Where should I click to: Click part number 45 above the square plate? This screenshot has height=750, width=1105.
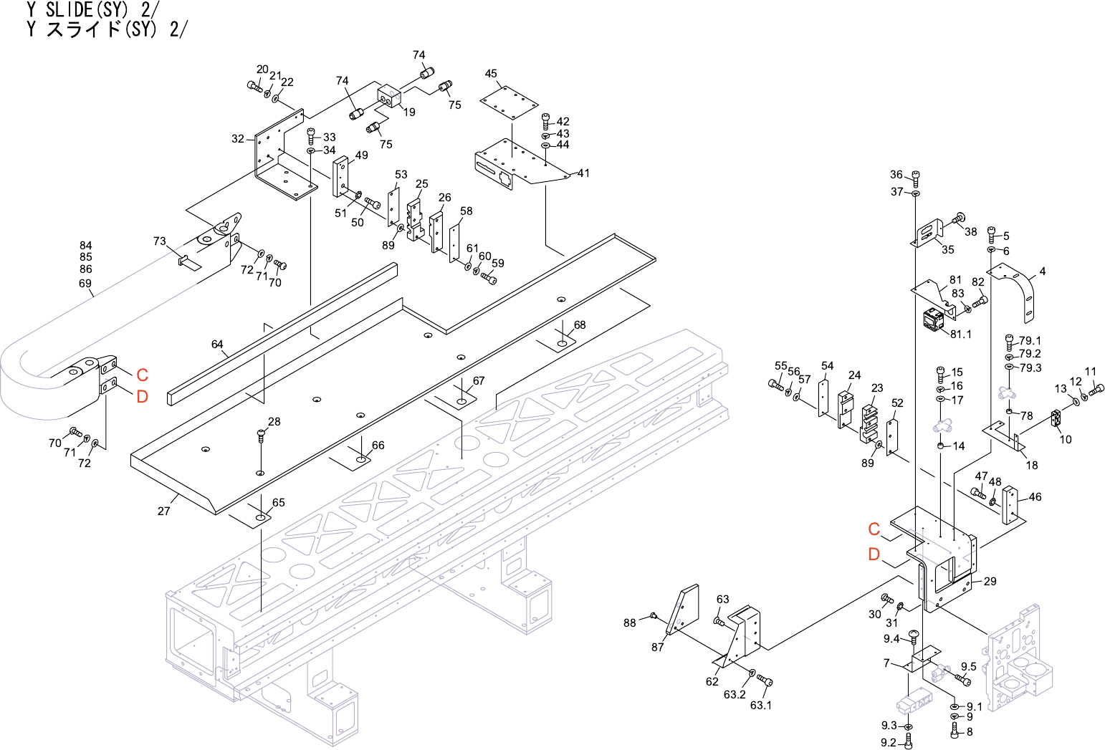pos(491,74)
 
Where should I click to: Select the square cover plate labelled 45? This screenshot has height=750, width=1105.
pos(509,102)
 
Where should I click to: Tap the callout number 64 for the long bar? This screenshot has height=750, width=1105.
pos(217,344)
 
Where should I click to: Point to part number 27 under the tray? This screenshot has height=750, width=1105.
pos(164,511)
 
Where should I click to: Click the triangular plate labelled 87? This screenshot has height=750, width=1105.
pos(683,610)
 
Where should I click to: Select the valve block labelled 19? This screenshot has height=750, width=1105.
pos(391,97)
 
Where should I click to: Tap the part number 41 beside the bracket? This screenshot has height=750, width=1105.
pos(583,173)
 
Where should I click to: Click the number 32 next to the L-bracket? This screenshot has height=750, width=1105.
pos(238,139)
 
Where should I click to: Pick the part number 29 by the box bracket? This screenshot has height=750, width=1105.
pos(990,582)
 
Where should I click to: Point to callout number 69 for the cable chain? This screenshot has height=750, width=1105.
pos(85,284)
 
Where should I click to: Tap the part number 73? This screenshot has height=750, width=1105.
pos(159,241)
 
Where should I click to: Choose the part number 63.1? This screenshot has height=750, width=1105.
pos(761,706)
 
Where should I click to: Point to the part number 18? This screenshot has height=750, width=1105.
pos(1032,465)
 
